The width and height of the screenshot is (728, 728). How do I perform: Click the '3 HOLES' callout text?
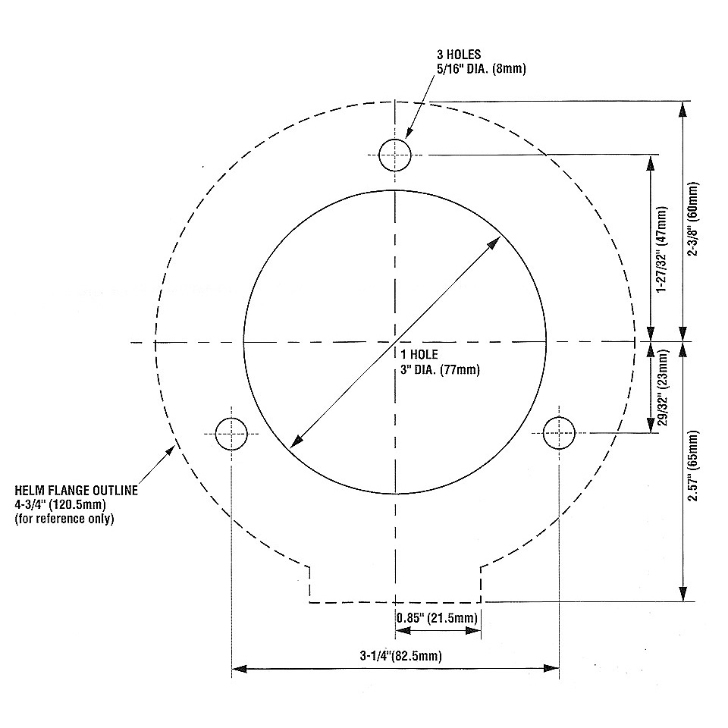click(459, 55)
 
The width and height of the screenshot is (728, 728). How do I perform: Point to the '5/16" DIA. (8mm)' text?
click(481, 69)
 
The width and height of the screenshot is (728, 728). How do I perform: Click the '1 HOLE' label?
click(419, 355)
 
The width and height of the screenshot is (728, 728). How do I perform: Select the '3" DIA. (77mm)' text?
click(440, 370)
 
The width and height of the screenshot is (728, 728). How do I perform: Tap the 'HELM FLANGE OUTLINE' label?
click(77, 491)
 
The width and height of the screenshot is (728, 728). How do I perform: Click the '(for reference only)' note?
click(64, 519)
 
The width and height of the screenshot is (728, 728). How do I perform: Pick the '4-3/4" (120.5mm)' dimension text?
click(61, 504)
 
